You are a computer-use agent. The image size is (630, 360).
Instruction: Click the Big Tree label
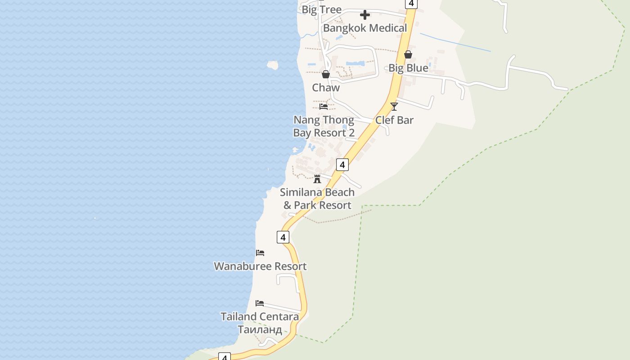pyautogui.click(x=321, y=9)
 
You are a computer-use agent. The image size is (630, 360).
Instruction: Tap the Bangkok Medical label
pyautogui.click(x=365, y=28)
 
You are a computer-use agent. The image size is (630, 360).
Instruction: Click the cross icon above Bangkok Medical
pyautogui.click(x=365, y=15)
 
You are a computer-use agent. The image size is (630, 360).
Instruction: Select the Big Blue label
pyautogui.click(x=408, y=68)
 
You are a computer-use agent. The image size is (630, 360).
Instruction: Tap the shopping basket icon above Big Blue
pyautogui.click(x=408, y=54)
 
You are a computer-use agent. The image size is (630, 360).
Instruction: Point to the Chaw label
pyautogui.click(x=326, y=88)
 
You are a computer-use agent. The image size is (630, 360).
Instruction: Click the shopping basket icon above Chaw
pyautogui.click(x=326, y=74)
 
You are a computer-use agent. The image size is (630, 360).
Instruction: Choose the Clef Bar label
pyautogui.click(x=394, y=120)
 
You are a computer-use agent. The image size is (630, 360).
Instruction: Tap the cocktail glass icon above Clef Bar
pyautogui.click(x=394, y=107)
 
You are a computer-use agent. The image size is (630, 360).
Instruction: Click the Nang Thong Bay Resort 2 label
pyautogui.click(x=324, y=126)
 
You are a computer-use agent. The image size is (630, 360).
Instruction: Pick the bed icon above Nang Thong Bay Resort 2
pyautogui.click(x=324, y=107)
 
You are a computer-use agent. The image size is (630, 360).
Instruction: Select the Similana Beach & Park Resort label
pyautogui.click(x=317, y=198)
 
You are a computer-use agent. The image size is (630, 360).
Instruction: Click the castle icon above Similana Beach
pyautogui.click(x=317, y=179)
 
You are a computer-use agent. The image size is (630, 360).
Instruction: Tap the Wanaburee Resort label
pyautogui.click(x=260, y=266)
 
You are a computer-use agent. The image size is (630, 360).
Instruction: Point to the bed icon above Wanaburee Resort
pyautogui.click(x=260, y=253)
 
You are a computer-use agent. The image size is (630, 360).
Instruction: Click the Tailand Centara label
pyautogui.click(x=260, y=316)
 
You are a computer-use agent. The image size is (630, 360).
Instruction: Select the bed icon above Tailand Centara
pyautogui.click(x=260, y=303)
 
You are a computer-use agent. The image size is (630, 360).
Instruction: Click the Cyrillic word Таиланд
pyautogui.click(x=260, y=330)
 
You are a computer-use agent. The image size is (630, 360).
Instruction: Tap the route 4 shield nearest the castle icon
pyautogui.click(x=342, y=165)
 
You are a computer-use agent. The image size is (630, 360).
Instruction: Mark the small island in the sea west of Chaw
pyautogui.click(x=272, y=65)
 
